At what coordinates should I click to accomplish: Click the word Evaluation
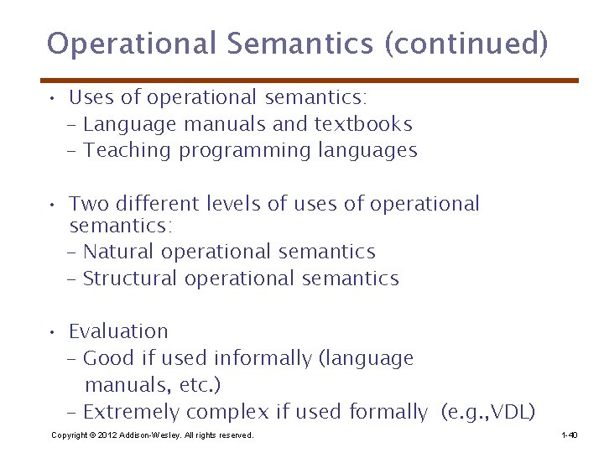click(x=118, y=331)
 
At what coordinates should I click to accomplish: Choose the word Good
click(x=108, y=359)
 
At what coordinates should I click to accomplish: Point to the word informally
click(x=263, y=359)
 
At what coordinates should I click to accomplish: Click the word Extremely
click(x=132, y=412)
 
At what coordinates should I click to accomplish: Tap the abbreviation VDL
click(x=507, y=412)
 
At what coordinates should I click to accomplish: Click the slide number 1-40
click(x=569, y=435)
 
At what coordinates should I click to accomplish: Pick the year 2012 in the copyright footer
click(x=106, y=435)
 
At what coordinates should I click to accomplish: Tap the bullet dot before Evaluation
click(x=52, y=332)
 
